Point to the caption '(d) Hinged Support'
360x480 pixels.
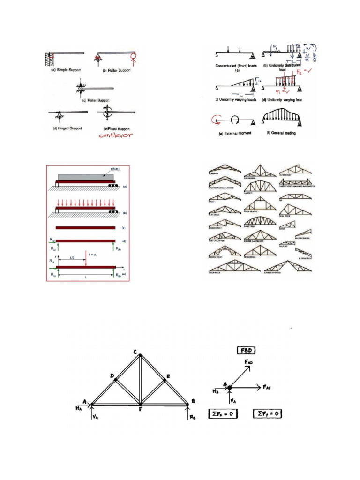[67, 127]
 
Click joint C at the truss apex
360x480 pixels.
[140, 354]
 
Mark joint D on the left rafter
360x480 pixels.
[115, 379]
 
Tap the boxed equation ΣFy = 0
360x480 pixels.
[268, 414]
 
